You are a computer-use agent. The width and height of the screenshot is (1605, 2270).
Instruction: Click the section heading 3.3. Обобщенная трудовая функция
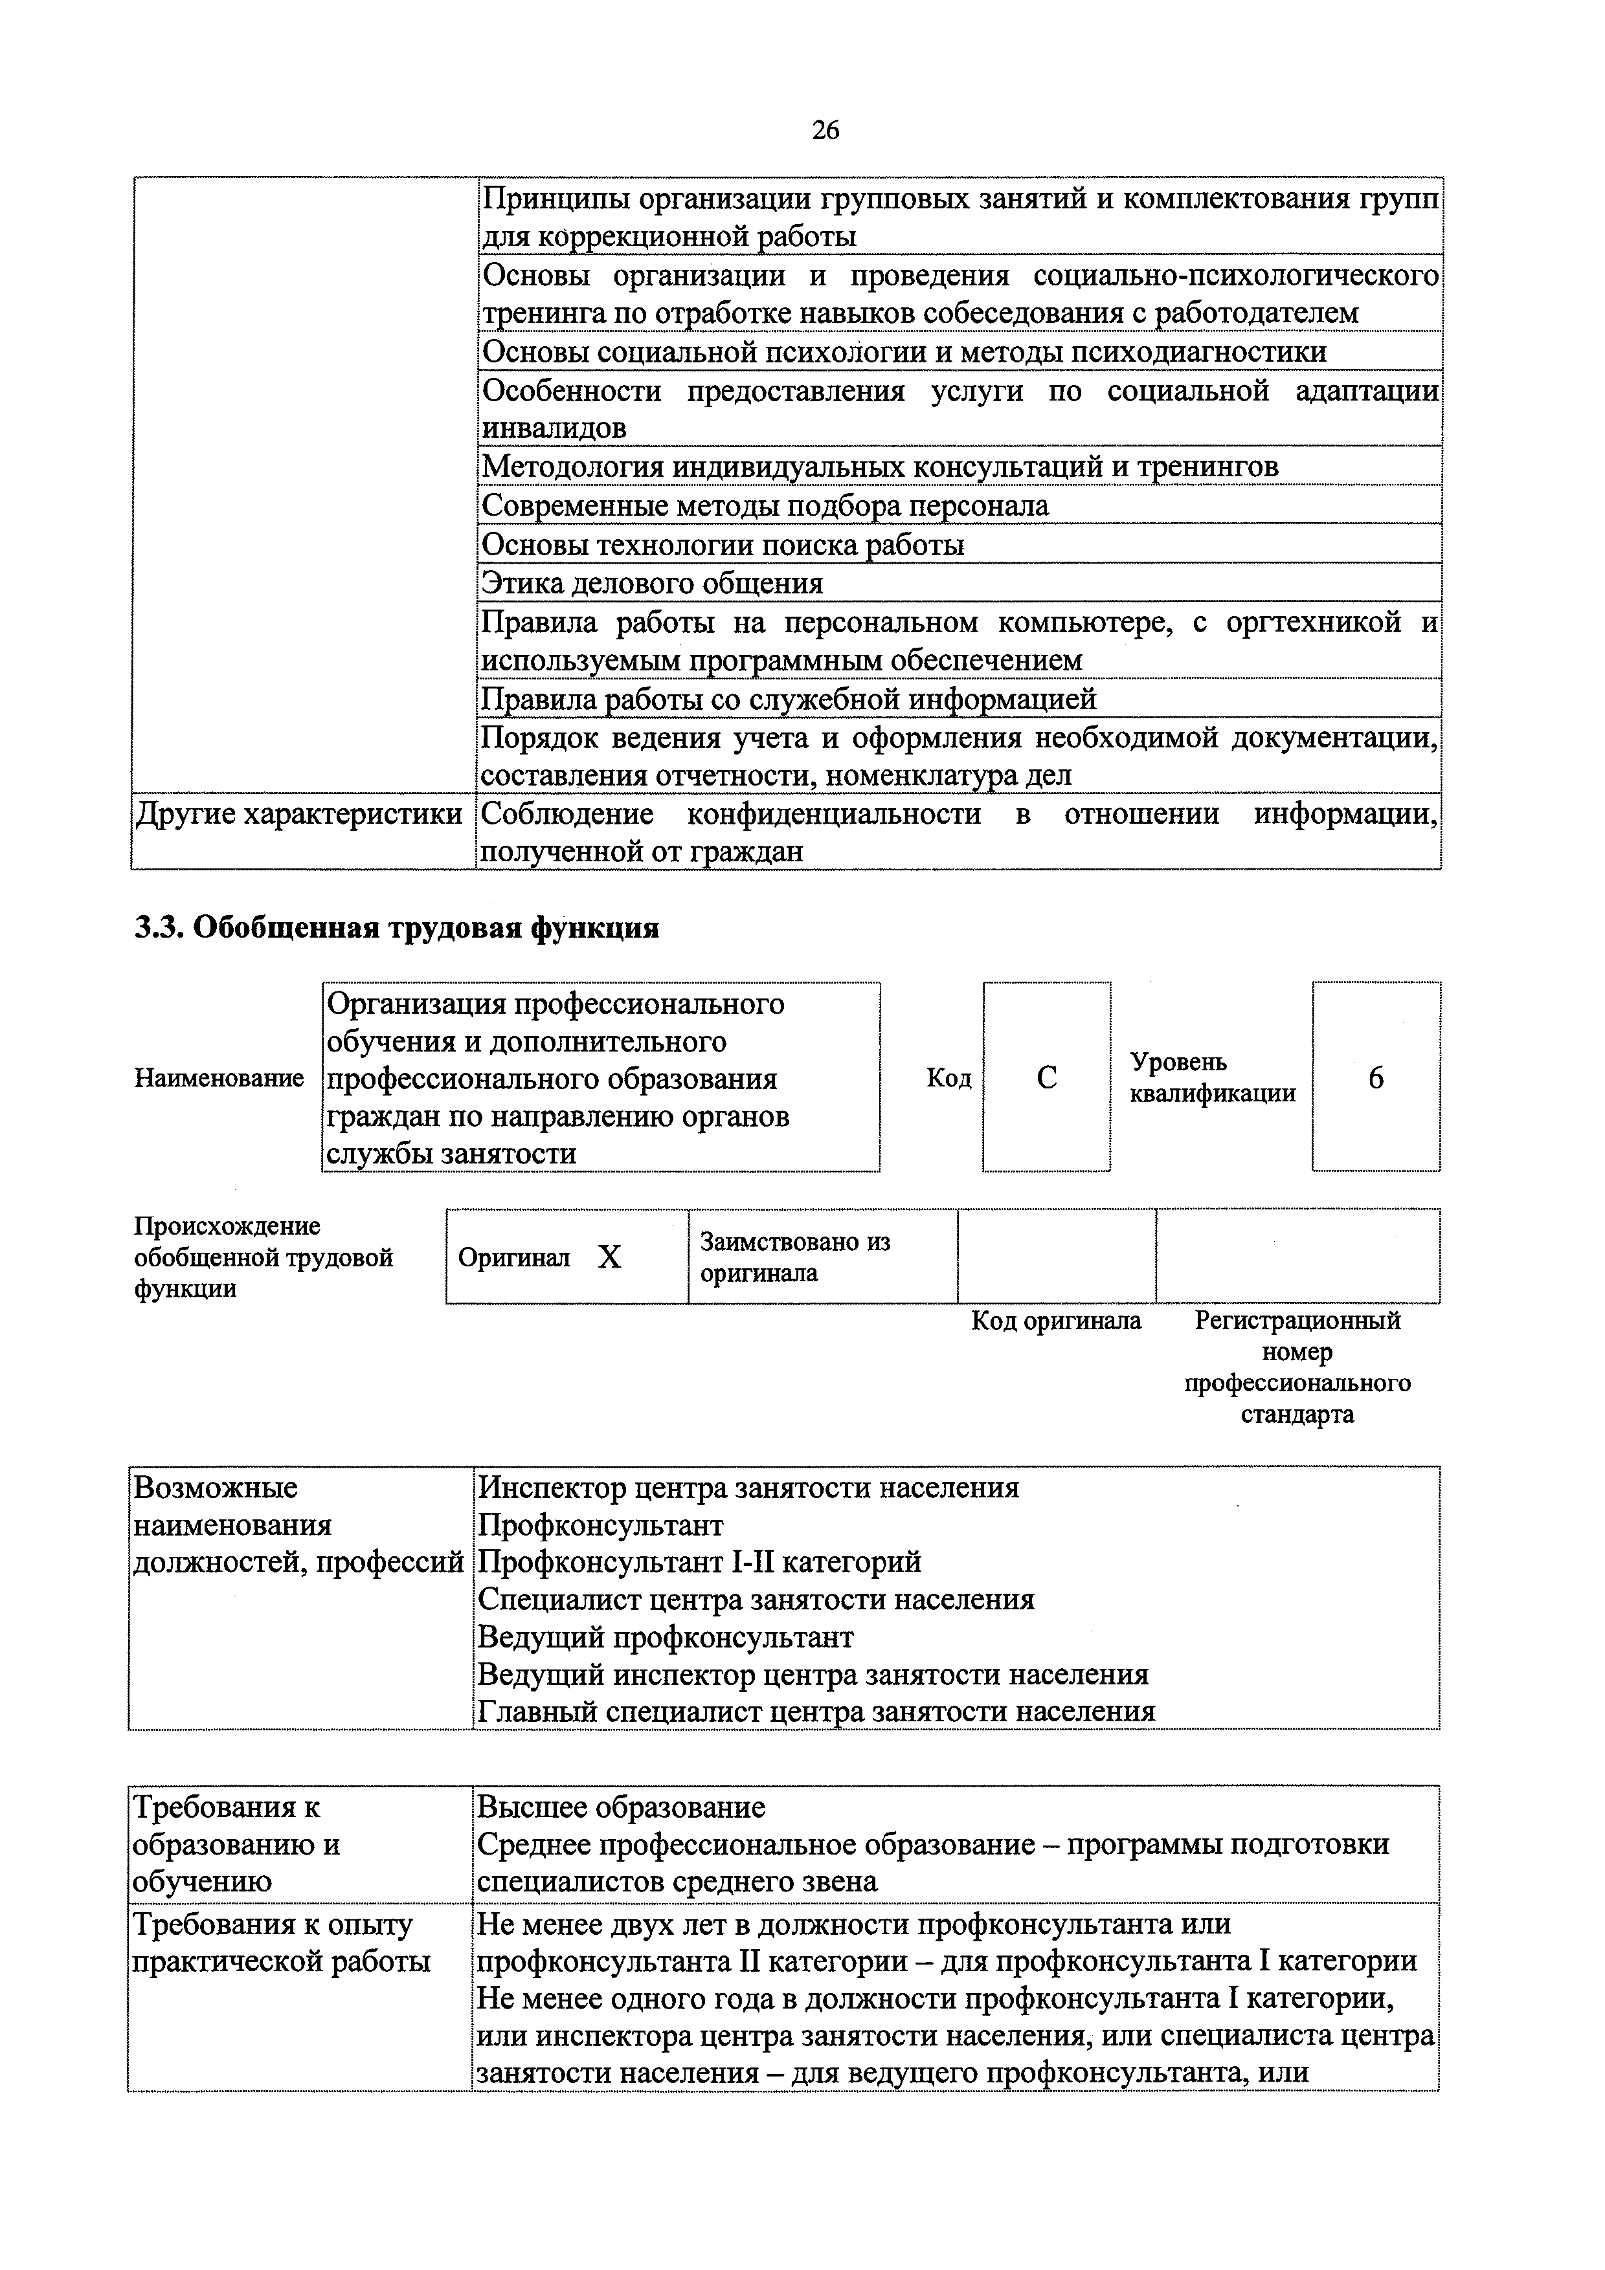[396, 929]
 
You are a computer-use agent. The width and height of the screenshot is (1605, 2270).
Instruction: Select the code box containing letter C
[1046, 1077]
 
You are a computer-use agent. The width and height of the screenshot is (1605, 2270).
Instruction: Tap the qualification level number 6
[1376, 1077]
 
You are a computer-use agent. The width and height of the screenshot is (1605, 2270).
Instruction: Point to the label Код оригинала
[1056, 1321]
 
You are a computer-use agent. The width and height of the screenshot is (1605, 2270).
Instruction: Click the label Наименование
[219, 1077]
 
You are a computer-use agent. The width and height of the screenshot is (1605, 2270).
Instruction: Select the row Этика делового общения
[652, 583]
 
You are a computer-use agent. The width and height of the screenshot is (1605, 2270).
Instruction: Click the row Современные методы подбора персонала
[765, 506]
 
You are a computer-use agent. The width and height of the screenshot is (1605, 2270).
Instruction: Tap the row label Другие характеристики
[298, 813]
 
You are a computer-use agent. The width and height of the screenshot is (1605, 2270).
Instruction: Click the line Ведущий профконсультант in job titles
[664, 1637]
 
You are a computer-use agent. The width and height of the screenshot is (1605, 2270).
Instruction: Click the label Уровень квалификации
[1213, 1077]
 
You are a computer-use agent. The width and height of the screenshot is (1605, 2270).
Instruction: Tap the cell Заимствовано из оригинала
[795, 1257]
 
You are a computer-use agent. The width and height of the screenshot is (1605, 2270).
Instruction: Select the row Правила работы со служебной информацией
[788, 699]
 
